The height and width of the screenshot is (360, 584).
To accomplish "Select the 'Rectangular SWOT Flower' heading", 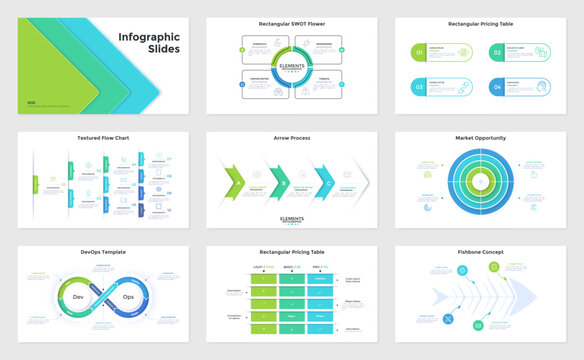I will click(292, 22).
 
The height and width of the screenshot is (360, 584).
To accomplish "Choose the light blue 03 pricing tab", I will click(421, 88).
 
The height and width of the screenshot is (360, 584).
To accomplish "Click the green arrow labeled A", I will click(235, 182).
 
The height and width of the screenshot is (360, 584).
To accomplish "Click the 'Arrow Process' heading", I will click(291, 138).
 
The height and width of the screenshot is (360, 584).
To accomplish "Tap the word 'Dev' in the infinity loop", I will click(78, 297).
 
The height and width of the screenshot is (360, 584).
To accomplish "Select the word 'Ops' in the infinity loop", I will click(128, 297).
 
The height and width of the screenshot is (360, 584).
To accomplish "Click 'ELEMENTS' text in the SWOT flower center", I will click(292, 67).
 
